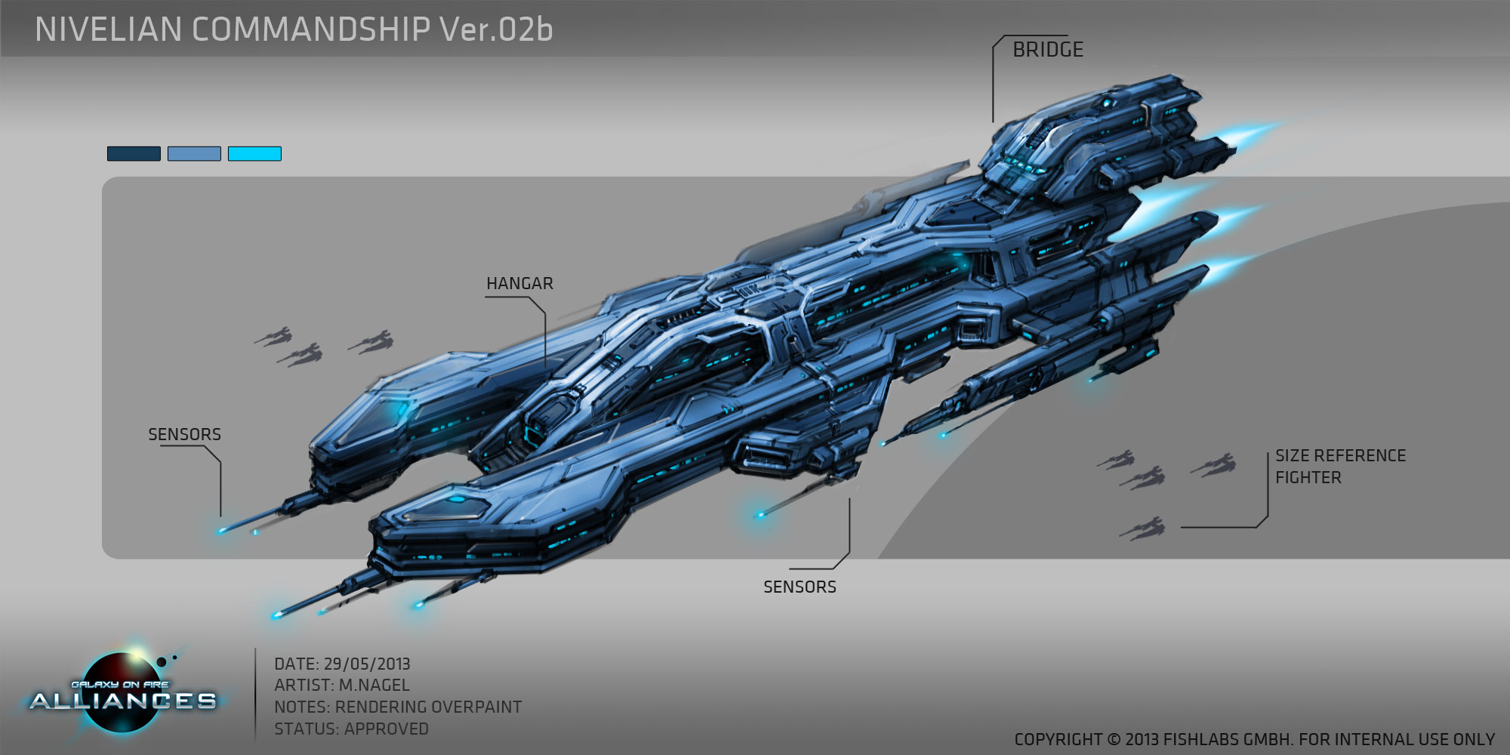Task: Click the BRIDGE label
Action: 1047,50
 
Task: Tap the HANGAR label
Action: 519,284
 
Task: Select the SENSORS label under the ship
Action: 800,587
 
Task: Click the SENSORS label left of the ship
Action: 184,435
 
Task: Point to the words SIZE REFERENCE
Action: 1340,456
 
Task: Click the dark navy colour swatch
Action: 134,154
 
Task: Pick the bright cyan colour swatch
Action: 254,154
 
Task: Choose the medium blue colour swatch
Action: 194,154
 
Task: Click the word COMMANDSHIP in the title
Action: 311,30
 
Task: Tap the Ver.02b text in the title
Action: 497,30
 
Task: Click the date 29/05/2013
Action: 367,664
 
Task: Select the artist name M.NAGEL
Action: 374,686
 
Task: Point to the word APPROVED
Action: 387,729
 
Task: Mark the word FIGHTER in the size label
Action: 1308,478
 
